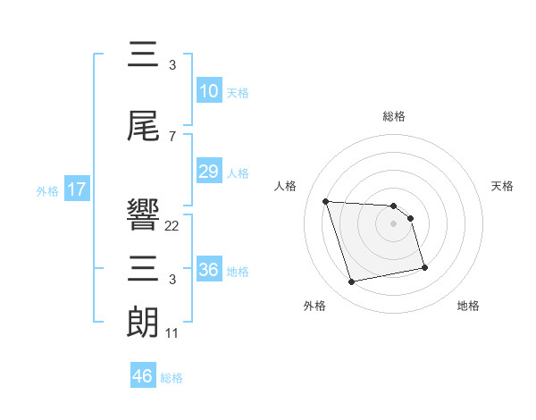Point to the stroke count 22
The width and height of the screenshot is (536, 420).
click(x=172, y=226)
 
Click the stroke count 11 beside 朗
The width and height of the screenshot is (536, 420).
click(x=172, y=333)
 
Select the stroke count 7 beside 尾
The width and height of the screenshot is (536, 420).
click(x=172, y=137)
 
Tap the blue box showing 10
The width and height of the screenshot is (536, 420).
click(x=208, y=90)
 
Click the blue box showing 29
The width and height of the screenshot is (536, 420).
click(x=208, y=172)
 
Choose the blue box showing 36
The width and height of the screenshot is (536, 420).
click(x=208, y=270)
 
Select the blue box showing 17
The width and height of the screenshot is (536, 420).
click(x=77, y=189)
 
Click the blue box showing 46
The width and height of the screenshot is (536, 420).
click(x=143, y=376)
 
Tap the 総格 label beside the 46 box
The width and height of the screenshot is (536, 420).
click(x=172, y=378)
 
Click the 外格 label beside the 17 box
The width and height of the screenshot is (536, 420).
click(x=47, y=190)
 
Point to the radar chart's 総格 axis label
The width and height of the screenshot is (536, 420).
click(x=394, y=116)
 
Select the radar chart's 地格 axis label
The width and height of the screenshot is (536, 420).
click(x=468, y=306)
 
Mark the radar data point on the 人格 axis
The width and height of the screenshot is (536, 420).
click(x=326, y=201)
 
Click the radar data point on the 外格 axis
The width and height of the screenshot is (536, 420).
click(x=352, y=282)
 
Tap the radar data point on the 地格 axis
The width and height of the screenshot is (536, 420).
click(x=424, y=267)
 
